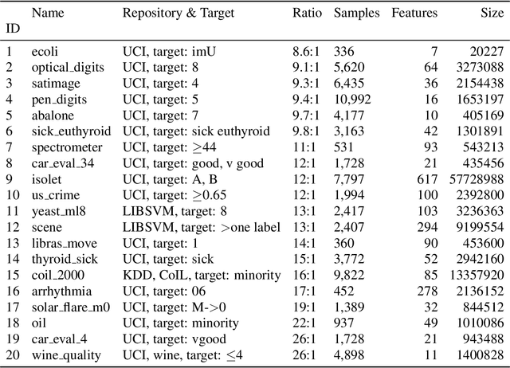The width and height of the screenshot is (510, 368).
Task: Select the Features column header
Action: point(414,14)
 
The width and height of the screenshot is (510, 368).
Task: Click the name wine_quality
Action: point(66,354)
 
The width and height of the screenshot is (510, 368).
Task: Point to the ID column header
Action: point(13,29)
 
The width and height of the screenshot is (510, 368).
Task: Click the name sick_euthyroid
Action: point(71,131)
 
